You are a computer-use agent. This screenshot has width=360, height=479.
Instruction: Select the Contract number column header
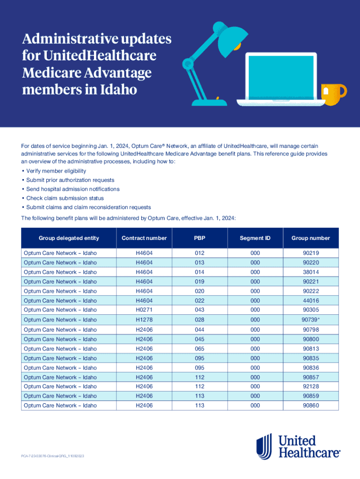pos(144,238)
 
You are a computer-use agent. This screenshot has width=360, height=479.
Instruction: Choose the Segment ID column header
pos(255,238)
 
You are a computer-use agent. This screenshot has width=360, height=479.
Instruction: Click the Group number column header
pos(311,238)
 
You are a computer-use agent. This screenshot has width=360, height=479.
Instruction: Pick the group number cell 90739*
pos(311,320)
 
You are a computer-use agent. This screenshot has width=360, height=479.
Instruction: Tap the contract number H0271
pos(144,310)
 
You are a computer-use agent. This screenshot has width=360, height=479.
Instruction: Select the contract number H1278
pos(144,320)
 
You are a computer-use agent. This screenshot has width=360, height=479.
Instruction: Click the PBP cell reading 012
pos(200,253)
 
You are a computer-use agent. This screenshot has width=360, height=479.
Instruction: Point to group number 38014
pos(311,272)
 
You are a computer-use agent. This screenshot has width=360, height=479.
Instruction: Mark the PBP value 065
pos(200,349)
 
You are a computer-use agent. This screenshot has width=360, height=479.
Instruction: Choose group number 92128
pos(311,387)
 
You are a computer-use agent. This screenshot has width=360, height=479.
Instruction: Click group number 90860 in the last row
pos(311,406)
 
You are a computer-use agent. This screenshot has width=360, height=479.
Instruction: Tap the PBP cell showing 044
pos(200,330)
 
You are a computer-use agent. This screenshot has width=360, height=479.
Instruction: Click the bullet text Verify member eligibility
pos(56,171)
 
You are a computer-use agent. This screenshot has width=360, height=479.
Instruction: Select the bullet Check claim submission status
pos(62,198)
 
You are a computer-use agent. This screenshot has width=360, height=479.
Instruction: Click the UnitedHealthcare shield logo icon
pos(264,446)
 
